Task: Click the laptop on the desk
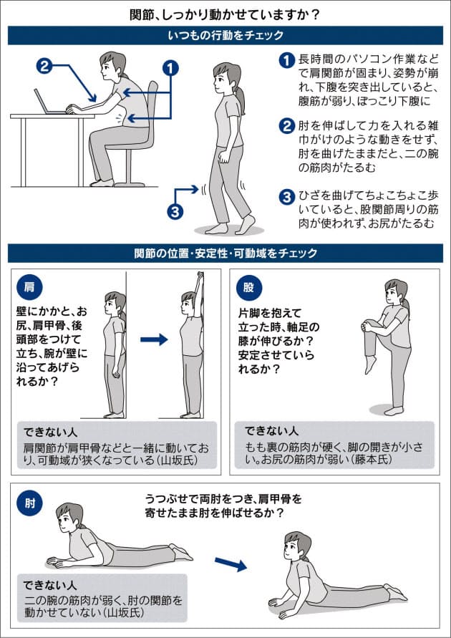point(49,102)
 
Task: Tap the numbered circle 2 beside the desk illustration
point(44,65)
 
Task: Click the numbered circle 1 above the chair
point(170,68)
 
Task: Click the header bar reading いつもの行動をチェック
point(225,35)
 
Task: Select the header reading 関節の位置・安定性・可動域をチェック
point(225,253)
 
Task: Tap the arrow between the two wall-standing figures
point(154,339)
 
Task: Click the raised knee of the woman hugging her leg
point(369,325)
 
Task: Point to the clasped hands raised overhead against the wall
point(200,277)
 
